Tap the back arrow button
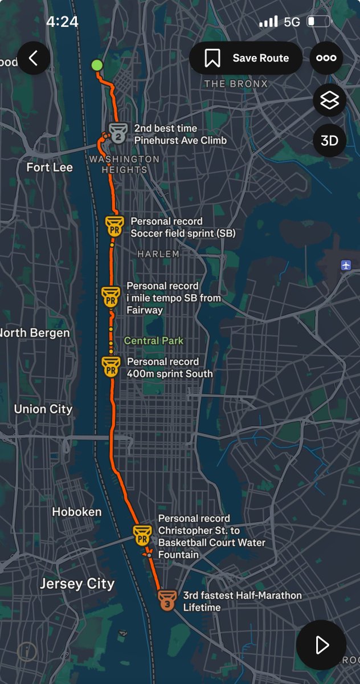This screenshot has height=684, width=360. click(x=34, y=58)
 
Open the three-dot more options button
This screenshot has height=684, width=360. click(x=326, y=58)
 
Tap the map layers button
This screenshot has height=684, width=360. click(x=329, y=101)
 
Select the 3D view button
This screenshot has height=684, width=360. click(x=329, y=140)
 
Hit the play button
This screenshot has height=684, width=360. click(x=321, y=645)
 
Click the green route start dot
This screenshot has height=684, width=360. click(x=97, y=65)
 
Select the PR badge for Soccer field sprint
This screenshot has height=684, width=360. click(x=114, y=226)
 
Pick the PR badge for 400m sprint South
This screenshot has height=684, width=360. click(x=111, y=367)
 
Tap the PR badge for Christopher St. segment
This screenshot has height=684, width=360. click(x=142, y=535)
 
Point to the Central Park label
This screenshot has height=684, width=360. click(x=154, y=341)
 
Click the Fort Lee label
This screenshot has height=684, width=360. click(x=50, y=168)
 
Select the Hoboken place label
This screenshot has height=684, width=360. click(x=77, y=512)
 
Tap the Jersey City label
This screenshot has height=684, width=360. click(x=77, y=584)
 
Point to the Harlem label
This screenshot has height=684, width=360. click(x=158, y=254)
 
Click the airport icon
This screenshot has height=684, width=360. click(x=346, y=265)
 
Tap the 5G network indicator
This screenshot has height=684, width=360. click(x=292, y=22)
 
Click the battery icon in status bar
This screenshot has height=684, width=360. click(x=319, y=22)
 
